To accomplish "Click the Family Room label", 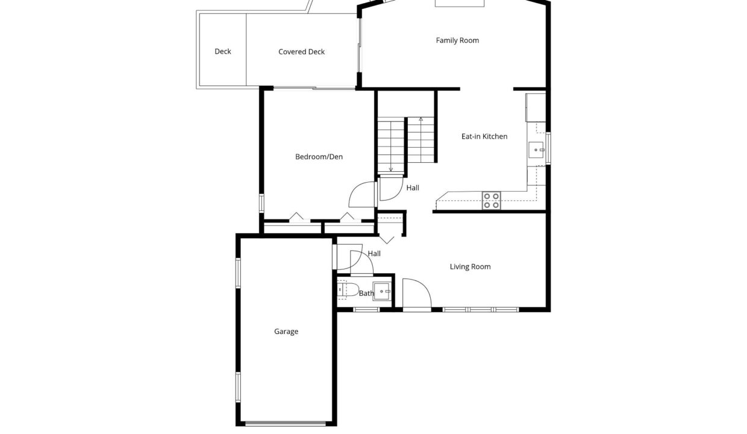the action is point(457,40).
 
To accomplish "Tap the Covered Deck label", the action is point(301,52).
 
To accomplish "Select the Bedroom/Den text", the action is point(319,157).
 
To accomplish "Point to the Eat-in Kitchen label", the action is point(484,136).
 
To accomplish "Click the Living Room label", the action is point(470,266).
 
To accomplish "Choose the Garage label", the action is point(286,332).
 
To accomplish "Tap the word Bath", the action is point(366,294).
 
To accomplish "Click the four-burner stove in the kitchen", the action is point(491,201).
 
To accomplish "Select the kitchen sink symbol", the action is point(536,149).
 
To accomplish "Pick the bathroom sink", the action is point(381,292).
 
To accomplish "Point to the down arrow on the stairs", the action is point(390,147).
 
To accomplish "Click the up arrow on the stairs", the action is point(421,140).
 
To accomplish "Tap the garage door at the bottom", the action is point(286,424).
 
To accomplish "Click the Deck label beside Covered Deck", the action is point(223,51).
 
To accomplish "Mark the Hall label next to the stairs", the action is point(413,188).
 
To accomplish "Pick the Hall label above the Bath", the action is point(374,254).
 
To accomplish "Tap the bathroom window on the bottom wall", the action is point(366,310).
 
